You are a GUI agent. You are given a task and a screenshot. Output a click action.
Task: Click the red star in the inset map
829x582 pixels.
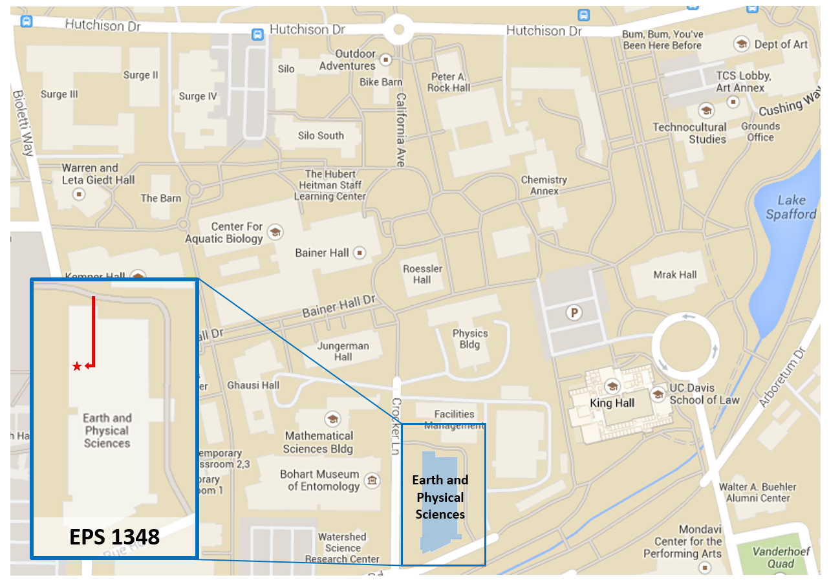(77, 367)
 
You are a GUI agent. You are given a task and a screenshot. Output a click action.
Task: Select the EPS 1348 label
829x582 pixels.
(114, 537)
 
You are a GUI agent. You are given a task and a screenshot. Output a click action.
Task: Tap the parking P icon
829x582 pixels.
(573, 313)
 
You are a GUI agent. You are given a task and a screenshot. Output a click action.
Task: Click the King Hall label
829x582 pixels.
(612, 403)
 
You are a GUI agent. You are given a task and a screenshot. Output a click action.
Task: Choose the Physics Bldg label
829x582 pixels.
(470, 339)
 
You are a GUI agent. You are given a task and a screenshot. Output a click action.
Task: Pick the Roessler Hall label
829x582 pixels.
(422, 274)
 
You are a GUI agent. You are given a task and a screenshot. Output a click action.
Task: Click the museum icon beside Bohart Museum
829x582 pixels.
(372, 480)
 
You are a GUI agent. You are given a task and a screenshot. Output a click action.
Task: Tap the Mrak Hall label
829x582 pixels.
(674, 275)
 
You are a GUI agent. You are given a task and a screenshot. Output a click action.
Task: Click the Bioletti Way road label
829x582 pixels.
(23, 123)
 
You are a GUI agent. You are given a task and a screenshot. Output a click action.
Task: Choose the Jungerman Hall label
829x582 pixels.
(343, 351)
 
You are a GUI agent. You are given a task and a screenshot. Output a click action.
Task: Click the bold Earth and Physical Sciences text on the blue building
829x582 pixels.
(440, 497)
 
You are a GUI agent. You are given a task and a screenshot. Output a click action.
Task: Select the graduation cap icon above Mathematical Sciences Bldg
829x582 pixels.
(333, 419)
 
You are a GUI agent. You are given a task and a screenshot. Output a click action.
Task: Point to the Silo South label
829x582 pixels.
(321, 136)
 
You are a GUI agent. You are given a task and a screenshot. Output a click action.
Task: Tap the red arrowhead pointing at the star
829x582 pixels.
(89, 367)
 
